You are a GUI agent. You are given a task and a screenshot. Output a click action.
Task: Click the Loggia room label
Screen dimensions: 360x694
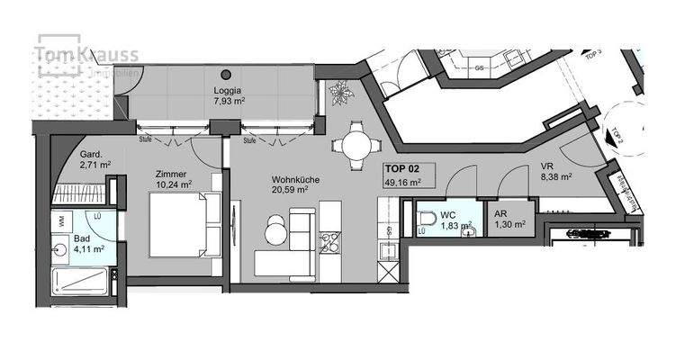pos(226,90)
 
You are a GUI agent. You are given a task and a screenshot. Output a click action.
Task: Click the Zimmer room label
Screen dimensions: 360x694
pos(172,173)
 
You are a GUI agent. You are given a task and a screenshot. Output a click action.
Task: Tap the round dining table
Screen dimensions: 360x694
pos(352,144)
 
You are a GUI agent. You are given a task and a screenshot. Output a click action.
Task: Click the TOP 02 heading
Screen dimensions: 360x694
pos(401,168)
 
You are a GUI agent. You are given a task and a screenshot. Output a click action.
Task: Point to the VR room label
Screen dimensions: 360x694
pos(546,166)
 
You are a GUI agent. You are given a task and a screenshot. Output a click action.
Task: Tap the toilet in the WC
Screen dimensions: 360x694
pos(426,220)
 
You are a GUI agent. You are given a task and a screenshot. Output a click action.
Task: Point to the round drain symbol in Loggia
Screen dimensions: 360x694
pos(226,74)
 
